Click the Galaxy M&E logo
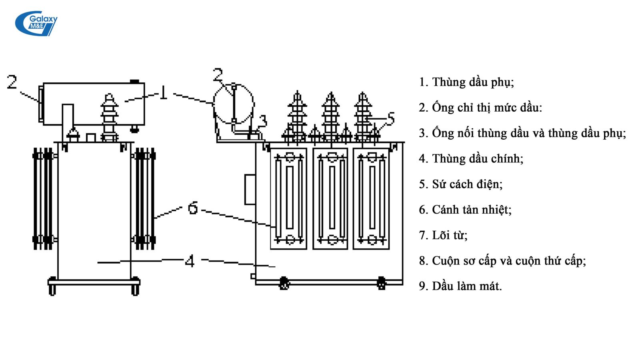coord(36,23)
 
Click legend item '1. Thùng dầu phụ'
coord(466,82)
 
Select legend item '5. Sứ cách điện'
coord(460,184)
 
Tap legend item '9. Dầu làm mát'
coord(460,286)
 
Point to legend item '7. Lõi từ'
coord(443,235)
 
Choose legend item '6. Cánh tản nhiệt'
coord(465,210)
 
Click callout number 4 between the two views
coord(190,261)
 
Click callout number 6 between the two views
coord(193,208)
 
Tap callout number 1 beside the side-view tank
coord(163,93)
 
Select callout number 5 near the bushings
coord(390,119)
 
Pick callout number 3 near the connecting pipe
coord(262,120)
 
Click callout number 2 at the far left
coord(12,82)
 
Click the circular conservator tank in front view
coord(234,103)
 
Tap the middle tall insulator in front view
coord(330,116)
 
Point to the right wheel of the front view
coord(381,283)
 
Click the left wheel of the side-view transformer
coord(52,286)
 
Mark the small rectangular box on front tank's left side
coord(250,189)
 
